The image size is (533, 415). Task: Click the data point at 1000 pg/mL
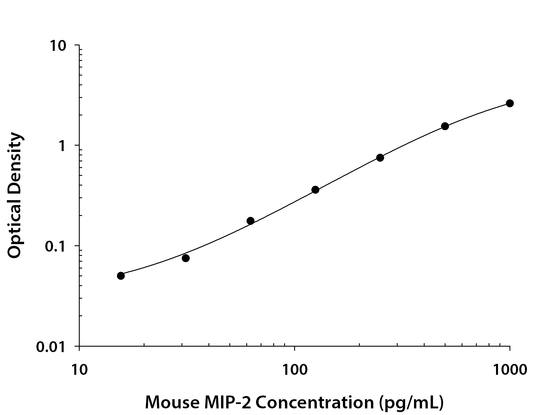(x=509, y=103)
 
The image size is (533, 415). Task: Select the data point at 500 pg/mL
(x=445, y=126)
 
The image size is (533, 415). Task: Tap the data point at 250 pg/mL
(x=380, y=158)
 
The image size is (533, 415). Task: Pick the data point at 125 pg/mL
(x=315, y=190)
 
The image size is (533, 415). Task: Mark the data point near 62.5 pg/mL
(x=250, y=221)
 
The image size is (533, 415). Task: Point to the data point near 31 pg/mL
(x=186, y=258)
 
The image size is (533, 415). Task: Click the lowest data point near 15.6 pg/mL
(x=121, y=276)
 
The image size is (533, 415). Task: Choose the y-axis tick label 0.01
(x=53, y=347)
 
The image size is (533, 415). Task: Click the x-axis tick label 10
(x=79, y=370)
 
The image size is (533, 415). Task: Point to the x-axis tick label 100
(x=294, y=370)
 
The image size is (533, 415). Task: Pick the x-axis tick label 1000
(x=509, y=370)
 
